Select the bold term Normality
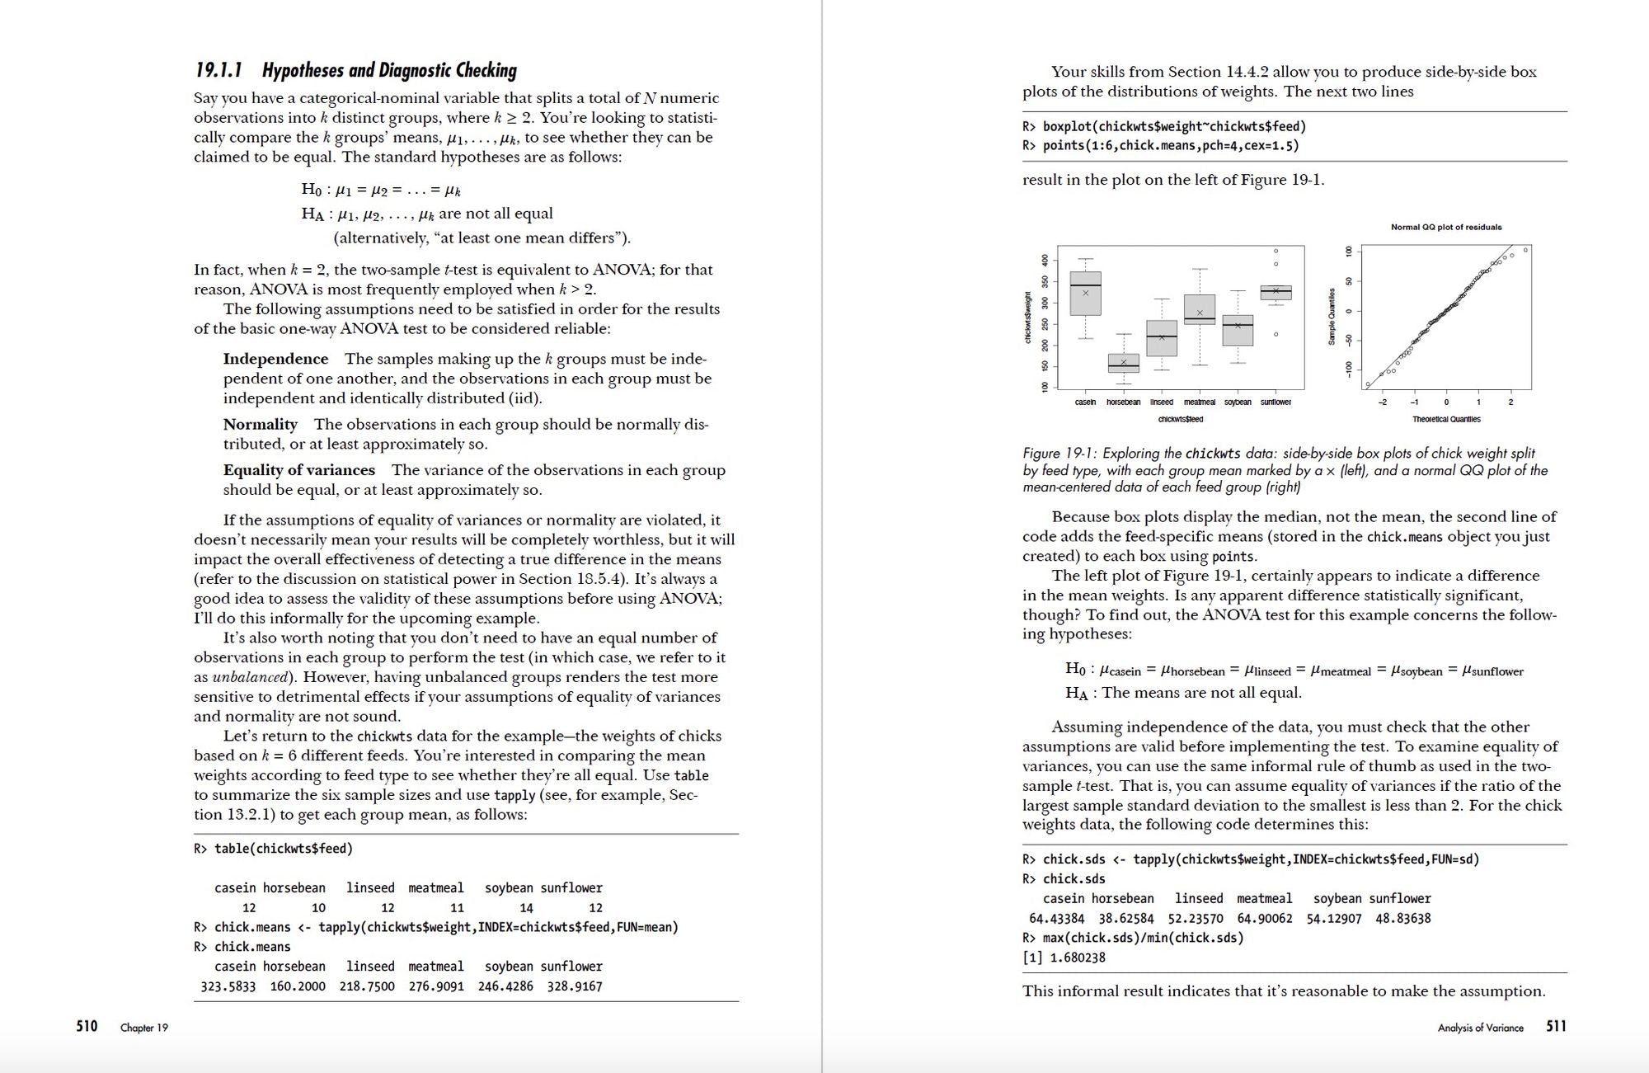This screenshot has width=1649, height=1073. coord(260,424)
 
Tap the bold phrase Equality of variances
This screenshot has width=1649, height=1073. coord(298,470)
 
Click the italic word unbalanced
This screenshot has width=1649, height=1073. coord(250,677)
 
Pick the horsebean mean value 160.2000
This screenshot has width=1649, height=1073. coord(298,986)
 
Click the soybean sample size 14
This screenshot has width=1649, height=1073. coord(526,907)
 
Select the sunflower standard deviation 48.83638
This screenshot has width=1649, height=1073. coord(1402,918)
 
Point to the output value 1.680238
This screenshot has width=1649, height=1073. coord(1073,958)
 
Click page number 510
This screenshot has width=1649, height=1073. coord(87,1026)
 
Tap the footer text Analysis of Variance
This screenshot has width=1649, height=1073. coord(1480,1028)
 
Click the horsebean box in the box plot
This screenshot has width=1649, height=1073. coord(1123,364)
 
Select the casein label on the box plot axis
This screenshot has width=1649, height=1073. coord(1085,402)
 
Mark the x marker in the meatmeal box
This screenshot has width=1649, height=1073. coord(1200,313)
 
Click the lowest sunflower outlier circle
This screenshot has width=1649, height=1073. coord(1276,334)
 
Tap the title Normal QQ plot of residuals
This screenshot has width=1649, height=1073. coord(1446,227)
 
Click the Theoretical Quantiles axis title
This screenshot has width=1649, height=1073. coord(1446,419)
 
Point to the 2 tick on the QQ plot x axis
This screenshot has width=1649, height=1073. coord(1510,402)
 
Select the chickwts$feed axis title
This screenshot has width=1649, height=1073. coord(1180,419)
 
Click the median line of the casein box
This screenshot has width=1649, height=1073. coord(1085,285)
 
